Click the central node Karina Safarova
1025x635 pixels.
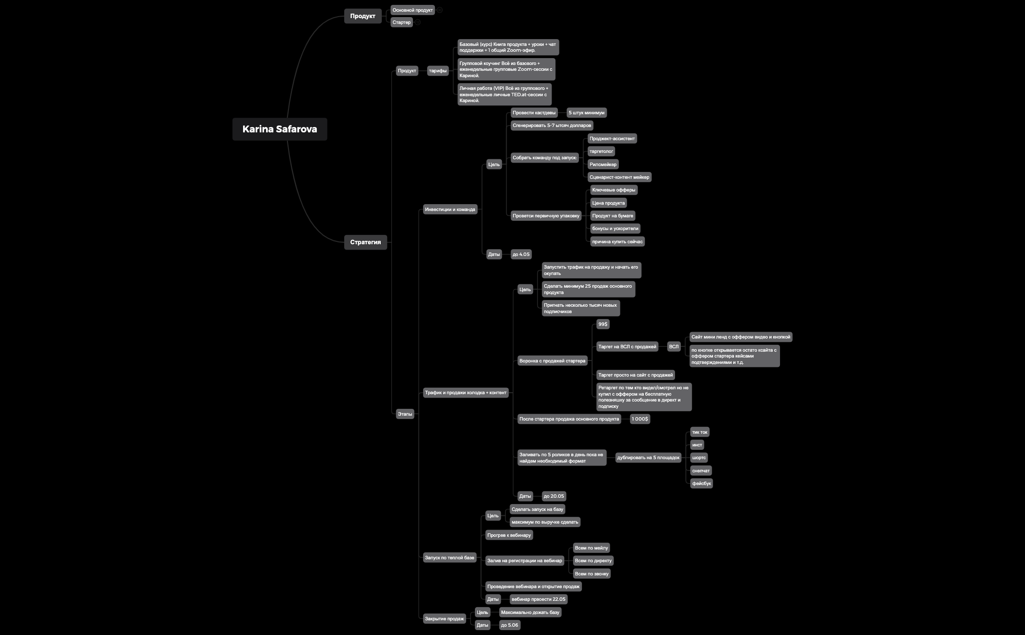tap(280, 129)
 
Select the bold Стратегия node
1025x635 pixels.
tap(366, 242)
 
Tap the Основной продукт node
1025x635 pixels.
tap(412, 10)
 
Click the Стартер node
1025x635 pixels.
tap(402, 22)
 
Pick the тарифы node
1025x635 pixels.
tap(438, 71)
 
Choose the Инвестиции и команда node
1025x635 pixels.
tap(450, 210)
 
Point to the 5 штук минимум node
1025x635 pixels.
tap(587, 113)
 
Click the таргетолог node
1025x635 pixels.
tap(601, 151)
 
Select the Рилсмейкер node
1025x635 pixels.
tap(603, 165)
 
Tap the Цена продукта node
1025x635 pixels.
tap(608, 203)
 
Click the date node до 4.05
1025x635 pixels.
tap(521, 254)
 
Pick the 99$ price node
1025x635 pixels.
tap(603, 324)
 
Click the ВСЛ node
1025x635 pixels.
tap(674, 347)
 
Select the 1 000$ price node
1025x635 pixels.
tap(640, 419)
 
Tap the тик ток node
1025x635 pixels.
tap(700, 432)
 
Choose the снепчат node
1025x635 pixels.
tap(701, 471)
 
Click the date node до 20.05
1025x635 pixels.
tap(554, 496)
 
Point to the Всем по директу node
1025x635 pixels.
tap(593, 561)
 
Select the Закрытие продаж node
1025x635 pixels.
tap(445, 619)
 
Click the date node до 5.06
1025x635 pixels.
tap(510, 625)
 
